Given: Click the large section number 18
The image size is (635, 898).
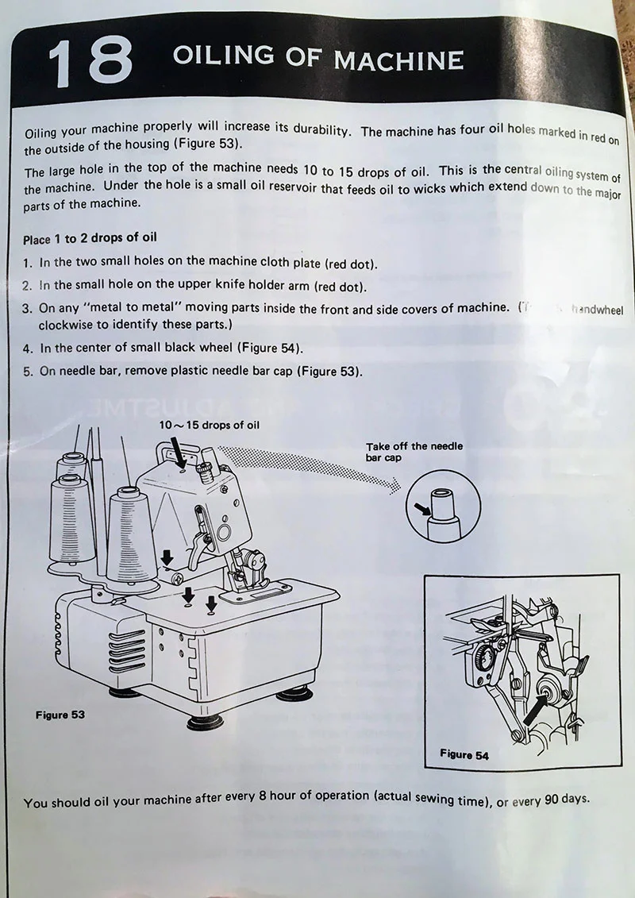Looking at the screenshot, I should pyautogui.click(x=90, y=61).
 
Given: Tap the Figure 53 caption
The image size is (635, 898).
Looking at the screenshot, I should pyautogui.click(x=60, y=715).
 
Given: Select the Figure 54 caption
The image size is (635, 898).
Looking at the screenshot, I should pyautogui.click(x=464, y=754).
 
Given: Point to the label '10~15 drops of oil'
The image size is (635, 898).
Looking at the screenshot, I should pyautogui.click(x=209, y=425).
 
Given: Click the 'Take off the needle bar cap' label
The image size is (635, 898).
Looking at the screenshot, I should pyautogui.click(x=414, y=452).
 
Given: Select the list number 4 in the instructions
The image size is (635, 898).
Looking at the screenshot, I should pyautogui.click(x=28, y=348).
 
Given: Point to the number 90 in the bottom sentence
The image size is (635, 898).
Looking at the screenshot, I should pyautogui.click(x=552, y=800).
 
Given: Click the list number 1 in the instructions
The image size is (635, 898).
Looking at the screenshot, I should pyautogui.click(x=28, y=263).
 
